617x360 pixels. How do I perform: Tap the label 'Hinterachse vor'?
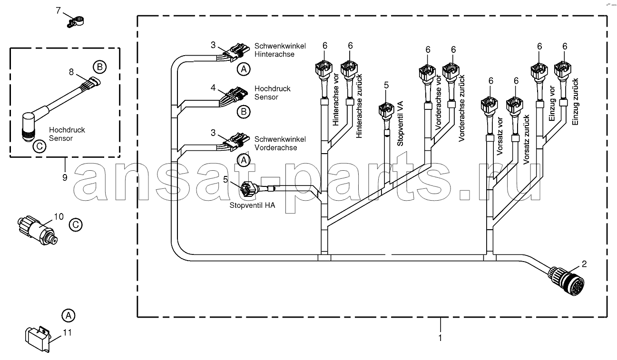pos(335,100)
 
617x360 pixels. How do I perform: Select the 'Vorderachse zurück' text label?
pos(461,108)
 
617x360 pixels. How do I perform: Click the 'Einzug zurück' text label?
pos(575,102)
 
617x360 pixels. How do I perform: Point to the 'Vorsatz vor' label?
pos(499,136)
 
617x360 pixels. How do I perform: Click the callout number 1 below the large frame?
pos(440,338)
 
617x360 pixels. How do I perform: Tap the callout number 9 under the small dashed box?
pos(65,177)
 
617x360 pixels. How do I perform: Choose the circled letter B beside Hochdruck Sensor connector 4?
pos(244,112)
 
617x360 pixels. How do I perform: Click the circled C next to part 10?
pos(76,225)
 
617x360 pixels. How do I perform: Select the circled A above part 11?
pos(69,315)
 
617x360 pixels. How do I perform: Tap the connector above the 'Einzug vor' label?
pos(539,71)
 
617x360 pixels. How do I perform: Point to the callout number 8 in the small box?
pos(71,72)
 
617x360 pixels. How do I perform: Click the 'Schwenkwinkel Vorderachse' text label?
pos(280,144)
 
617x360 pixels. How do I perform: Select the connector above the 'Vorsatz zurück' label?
pos(515,106)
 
